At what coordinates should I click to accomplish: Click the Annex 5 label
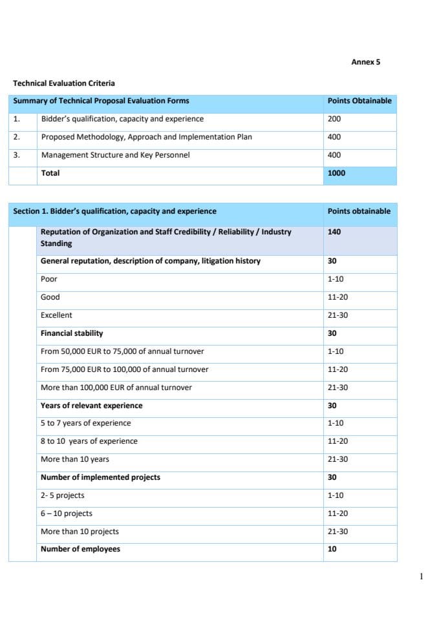click(365, 62)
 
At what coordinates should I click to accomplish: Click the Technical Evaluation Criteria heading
click(64, 83)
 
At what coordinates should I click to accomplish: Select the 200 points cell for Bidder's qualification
click(334, 119)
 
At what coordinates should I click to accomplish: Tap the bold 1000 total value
click(336, 173)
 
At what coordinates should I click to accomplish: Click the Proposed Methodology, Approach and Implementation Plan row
click(146, 137)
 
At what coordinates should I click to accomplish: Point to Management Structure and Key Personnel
click(115, 155)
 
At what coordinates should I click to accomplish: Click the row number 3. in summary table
click(17, 155)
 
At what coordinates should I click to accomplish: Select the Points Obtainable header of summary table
click(359, 101)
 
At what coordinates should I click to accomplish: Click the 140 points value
click(334, 232)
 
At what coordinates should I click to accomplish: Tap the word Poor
click(49, 279)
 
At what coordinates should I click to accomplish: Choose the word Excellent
click(56, 315)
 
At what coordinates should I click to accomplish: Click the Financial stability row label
click(72, 333)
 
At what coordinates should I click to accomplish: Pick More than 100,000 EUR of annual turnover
click(116, 387)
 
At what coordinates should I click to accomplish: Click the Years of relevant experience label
click(91, 406)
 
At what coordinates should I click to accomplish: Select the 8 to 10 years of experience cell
click(89, 441)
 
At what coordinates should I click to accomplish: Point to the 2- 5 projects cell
click(62, 495)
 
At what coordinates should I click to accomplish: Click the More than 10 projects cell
click(80, 532)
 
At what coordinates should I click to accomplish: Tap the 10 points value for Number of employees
click(332, 549)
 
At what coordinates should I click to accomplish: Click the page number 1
click(422, 577)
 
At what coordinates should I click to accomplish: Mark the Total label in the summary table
click(50, 173)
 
